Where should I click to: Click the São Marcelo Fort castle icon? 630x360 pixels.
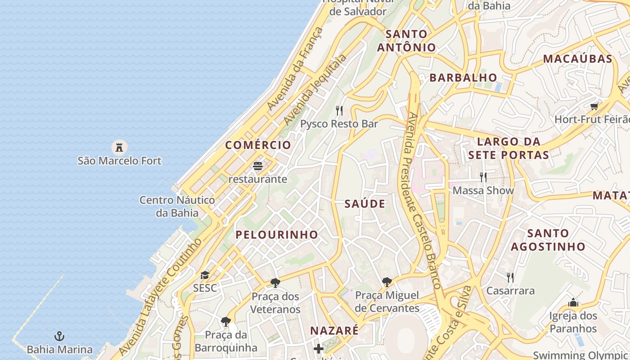point(119,147)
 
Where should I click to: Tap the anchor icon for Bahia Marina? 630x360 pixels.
point(59,336)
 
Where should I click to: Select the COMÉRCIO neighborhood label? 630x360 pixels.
point(258,145)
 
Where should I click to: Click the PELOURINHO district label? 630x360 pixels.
point(277,234)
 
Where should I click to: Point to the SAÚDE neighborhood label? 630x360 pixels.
point(365,204)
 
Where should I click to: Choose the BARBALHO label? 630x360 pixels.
point(463,77)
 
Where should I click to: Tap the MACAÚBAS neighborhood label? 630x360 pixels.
point(578,59)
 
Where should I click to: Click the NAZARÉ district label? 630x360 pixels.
point(334,331)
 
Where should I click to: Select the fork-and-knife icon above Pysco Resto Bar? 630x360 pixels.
point(339,110)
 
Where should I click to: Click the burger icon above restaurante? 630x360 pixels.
point(258,166)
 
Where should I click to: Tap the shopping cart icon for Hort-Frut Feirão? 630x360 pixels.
point(594,107)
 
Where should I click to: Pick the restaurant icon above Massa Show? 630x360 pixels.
point(483,177)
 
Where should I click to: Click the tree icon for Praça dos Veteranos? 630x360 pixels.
point(275,283)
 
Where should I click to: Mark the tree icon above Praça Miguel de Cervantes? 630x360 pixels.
point(387,282)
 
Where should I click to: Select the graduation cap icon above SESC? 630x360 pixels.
point(205,275)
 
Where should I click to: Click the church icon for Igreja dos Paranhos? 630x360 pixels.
point(573,302)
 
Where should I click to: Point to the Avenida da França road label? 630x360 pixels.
point(295,69)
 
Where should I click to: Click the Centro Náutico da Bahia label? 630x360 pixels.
point(177,206)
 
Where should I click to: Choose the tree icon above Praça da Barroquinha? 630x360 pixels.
point(226,322)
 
